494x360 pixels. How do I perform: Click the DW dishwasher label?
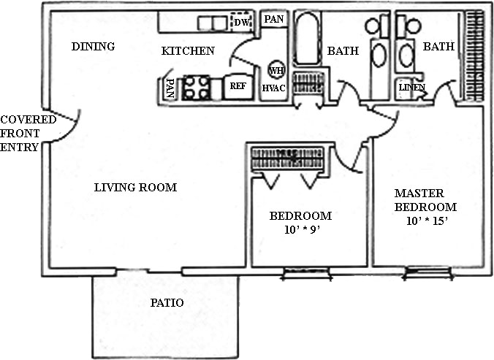tap(242, 23)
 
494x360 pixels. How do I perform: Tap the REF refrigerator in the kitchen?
tap(237, 87)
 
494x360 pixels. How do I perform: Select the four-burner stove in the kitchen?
tap(196, 88)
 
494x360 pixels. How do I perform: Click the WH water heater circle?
tap(276, 70)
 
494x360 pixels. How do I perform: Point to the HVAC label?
tap(274, 88)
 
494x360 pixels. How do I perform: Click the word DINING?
tap(93, 47)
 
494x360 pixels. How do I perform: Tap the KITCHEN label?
tap(188, 50)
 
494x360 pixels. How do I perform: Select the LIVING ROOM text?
tap(135, 188)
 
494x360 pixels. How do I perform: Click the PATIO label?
tap(167, 303)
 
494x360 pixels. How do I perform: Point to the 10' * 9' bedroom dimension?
tap(302, 230)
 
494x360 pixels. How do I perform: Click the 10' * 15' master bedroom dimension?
tap(427, 221)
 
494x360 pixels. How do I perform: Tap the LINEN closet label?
tap(412, 88)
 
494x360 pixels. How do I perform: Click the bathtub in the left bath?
tap(306, 39)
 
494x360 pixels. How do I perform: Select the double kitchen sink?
tap(213, 23)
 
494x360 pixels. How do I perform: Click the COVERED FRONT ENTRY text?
tap(28, 134)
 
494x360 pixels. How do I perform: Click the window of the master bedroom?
tap(427, 272)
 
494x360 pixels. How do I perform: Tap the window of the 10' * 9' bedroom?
tap(307, 273)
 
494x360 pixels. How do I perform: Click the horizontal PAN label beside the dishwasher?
tap(274, 19)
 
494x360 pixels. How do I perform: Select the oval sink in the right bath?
tap(406, 55)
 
